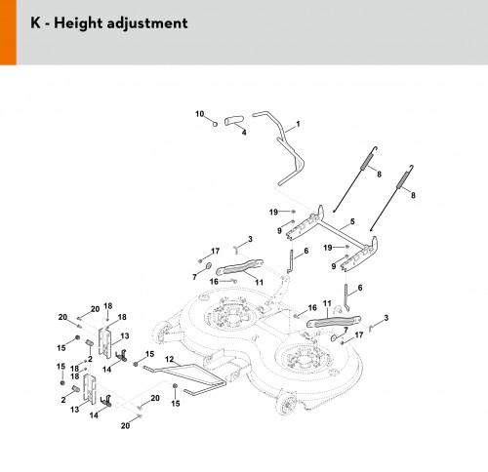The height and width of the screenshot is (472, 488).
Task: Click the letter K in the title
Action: tap(36, 23)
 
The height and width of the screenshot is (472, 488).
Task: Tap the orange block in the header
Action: tap(8, 32)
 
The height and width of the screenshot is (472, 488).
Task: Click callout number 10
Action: tap(199, 114)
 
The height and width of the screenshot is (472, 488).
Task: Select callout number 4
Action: tap(244, 133)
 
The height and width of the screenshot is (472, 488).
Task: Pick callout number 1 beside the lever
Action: tap(298, 124)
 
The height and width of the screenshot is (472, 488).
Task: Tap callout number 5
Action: tap(352, 221)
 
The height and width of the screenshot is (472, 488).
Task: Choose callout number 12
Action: tap(170, 359)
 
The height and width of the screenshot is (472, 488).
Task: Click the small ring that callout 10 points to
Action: tap(215, 124)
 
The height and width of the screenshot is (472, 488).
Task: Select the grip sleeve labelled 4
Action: tap(233, 120)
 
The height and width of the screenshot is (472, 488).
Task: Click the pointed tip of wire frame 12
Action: tap(224, 383)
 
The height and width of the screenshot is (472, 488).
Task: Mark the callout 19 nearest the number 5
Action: tap(328, 248)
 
